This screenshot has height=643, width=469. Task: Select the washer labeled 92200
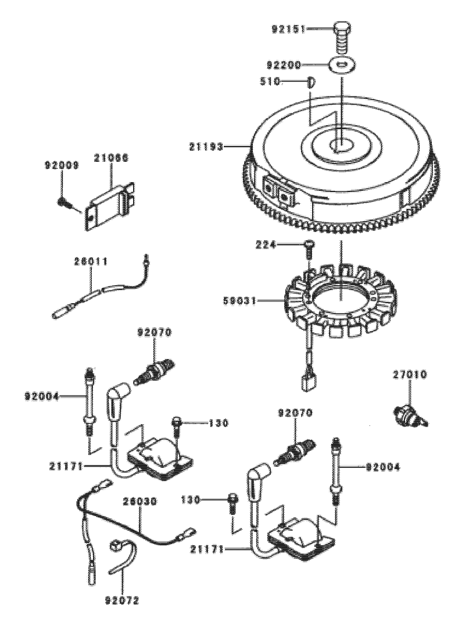click(x=342, y=65)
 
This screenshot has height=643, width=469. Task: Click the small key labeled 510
click(x=311, y=82)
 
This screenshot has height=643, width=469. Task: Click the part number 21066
click(x=112, y=158)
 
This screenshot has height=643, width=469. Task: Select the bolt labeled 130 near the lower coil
click(x=232, y=502)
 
